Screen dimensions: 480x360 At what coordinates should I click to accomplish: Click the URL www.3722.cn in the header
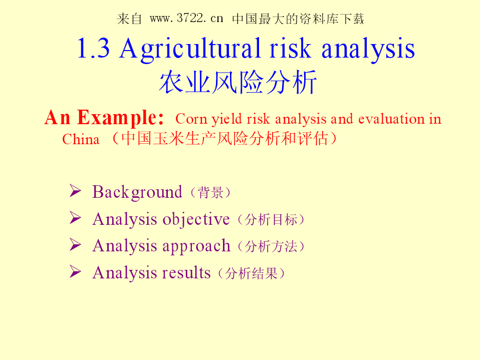(x=186, y=19)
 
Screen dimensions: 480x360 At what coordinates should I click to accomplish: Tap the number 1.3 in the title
(x=93, y=48)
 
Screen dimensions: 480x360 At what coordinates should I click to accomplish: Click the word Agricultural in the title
(x=190, y=49)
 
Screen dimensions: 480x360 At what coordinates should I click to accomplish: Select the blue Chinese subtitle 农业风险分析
(x=238, y=82)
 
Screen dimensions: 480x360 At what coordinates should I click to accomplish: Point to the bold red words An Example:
(x=104, y=118)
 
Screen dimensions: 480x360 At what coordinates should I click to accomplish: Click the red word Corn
(x=191, y=119)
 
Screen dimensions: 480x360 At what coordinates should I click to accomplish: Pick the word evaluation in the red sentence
(x=391, y=119)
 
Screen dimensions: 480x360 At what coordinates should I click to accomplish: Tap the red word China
(x=81, y=139)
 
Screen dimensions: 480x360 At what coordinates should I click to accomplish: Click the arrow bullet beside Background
(x=75, y=191)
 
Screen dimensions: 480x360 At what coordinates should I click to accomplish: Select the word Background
(x=137, y=193)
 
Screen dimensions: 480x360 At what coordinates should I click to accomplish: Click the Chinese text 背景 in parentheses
(x=210, y=193)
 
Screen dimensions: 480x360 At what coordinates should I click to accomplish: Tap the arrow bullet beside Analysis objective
(x=75, y=218)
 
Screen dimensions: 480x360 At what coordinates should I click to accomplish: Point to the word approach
(x=196, y=246)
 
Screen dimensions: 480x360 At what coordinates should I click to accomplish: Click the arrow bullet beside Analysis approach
(x=75, y=245)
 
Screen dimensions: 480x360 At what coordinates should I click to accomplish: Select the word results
(x=186, y=273)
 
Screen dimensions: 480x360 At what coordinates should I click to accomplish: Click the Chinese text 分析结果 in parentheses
(x=252, y=273)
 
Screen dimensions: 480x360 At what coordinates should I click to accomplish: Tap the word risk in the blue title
(x=290, y=48)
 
